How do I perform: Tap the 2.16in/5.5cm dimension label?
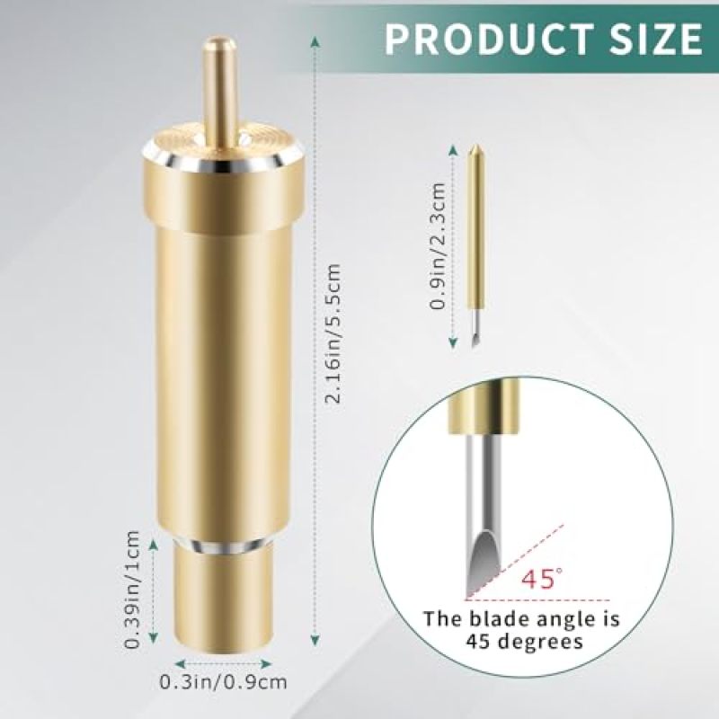coord(333,333)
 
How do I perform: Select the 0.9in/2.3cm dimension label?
coord(439,245)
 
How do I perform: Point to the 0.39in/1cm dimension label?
coord(132,590)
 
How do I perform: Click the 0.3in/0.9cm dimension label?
coord(223,682)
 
